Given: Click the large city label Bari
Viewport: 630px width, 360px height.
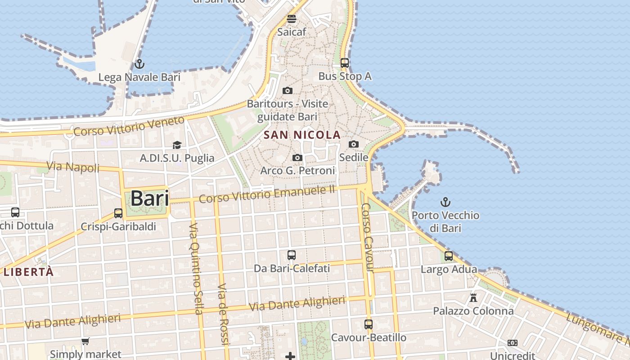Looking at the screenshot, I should pos(149,198).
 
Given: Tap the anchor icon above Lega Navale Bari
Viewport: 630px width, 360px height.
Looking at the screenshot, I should pos(139,63).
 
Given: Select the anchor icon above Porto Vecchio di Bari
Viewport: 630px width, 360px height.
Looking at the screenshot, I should pos(445,202).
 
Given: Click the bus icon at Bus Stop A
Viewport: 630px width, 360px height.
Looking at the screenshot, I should pos(345,63).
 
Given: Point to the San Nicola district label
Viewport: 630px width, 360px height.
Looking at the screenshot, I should pos(302,135).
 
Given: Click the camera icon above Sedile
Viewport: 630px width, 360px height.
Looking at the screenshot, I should pos(354,144).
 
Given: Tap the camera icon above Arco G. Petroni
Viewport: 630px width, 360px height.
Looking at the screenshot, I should pos(297,157).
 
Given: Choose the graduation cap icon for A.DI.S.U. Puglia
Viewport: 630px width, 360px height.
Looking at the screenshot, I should pos(177,145).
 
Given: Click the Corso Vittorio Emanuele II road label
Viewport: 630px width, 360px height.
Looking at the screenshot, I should pos(267,194).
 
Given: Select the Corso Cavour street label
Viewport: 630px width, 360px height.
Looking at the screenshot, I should pos(368,237).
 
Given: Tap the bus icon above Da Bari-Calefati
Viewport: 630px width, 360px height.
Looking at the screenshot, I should pos(292,255).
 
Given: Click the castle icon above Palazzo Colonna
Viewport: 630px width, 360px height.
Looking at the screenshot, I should pos(473,297).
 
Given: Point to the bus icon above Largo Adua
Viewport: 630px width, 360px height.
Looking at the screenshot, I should pos(449,256).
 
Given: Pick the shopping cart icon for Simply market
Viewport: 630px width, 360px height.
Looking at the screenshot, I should pos(85,342).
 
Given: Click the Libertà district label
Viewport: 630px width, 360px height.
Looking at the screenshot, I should pos(29,272).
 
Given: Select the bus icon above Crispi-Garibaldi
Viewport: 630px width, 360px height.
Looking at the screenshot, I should pos(118,213).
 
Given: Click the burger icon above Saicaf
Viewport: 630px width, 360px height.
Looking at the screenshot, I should pos(292,19).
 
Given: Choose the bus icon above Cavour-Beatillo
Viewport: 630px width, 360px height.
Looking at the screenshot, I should pos(369,324).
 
